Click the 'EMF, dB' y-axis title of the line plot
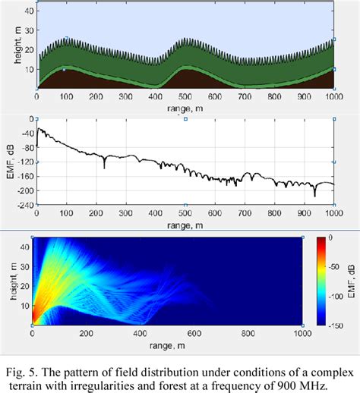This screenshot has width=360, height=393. tap(9, 160)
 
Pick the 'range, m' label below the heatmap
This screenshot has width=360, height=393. tap(167, 342)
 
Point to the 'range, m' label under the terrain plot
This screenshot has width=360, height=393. tap(185, 108)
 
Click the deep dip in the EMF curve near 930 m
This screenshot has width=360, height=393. tap(314, 196)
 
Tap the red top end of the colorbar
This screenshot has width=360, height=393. tap(322, 239)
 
